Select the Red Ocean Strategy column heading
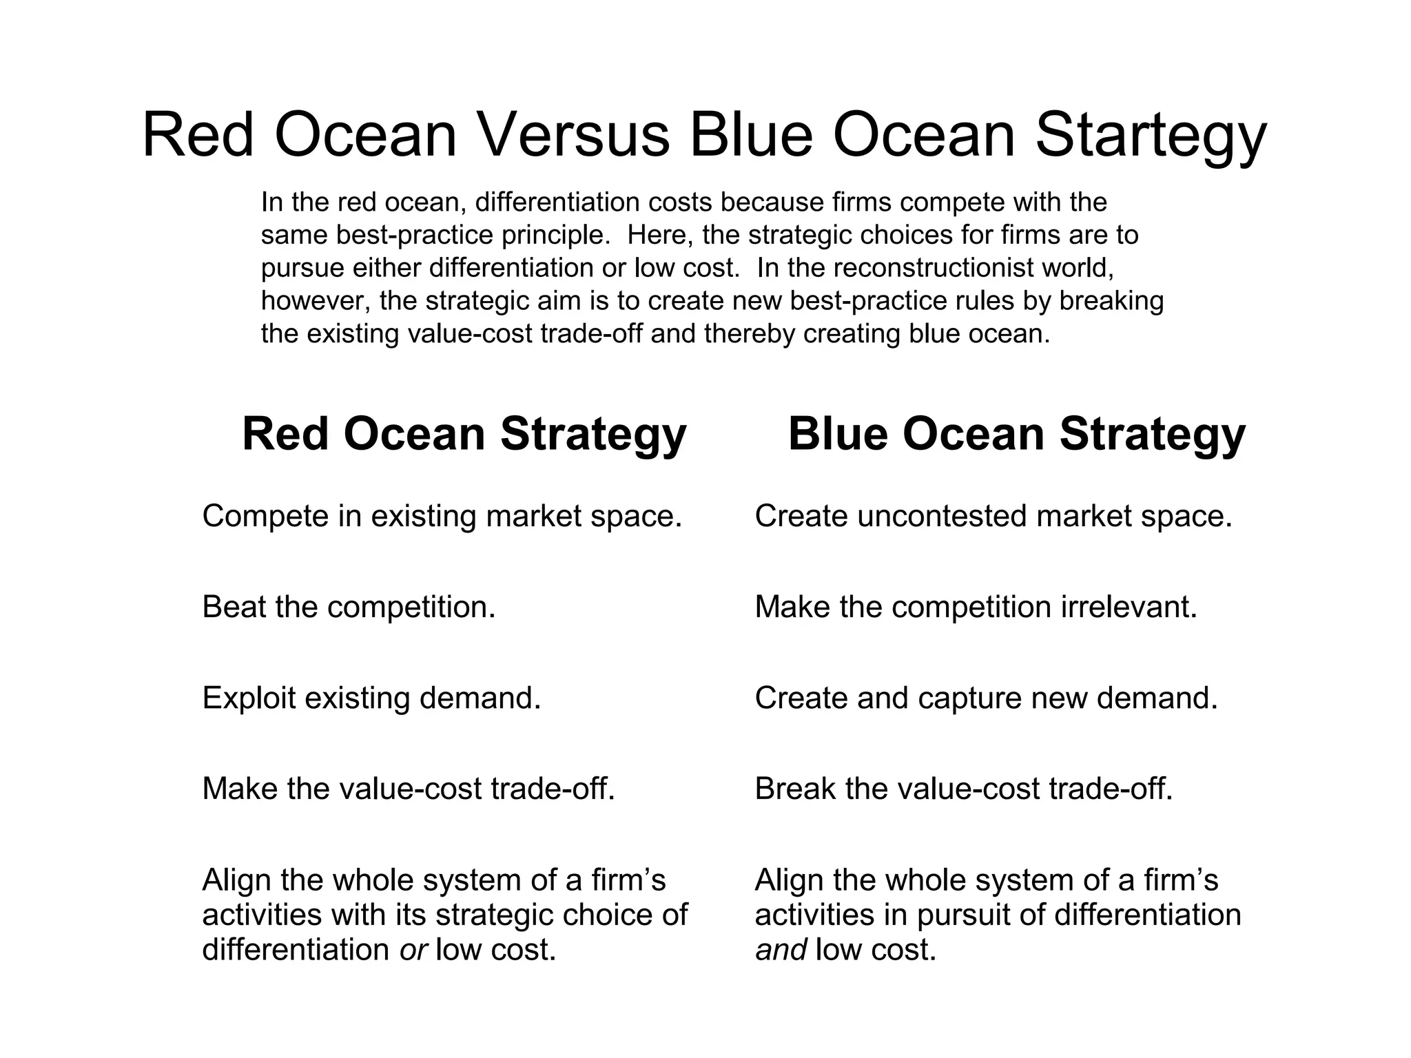[464, 435]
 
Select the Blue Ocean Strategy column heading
[1016, 435]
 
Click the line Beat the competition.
[349, 607]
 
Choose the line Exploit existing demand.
[371, 698]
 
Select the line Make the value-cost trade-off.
[409, 789]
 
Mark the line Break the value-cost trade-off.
[963, 789]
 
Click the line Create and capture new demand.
[986, 698]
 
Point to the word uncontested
[942, 516]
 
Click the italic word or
[413, 950]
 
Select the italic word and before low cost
[781, 950]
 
